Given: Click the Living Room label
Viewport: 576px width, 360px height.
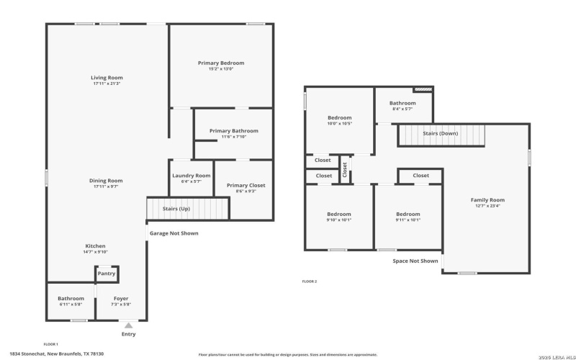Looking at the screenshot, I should click(x=107, y=78).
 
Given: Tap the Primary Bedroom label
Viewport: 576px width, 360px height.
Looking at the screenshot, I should click(x=221, y=63).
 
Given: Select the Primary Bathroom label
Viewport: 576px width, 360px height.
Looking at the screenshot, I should click(x=234, y=131).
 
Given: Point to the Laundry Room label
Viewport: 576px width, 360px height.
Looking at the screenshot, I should click(x=191, y=176).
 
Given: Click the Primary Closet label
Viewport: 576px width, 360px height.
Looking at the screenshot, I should click(x=246, y=186).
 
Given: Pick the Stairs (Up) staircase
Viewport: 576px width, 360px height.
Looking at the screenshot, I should click(x=187, y=209).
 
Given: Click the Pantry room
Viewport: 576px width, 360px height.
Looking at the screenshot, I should click(x=107, y=274).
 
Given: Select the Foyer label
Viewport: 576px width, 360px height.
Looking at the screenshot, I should click(x=121, y=298).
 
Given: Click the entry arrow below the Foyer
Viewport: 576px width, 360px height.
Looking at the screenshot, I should click(x=128, y=325).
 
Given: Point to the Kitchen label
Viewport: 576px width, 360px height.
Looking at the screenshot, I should click(x=96, y=246).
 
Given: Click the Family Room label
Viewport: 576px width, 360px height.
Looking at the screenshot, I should click(x=487, y=200).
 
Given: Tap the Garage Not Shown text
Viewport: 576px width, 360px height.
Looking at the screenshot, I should click(x=174, y=233).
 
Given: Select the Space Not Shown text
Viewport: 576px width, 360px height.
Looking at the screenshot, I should click(x=415, y=261).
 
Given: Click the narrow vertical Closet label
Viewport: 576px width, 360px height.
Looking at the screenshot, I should click(x=345, y=170).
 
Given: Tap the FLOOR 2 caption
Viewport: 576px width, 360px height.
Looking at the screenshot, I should click(x=309, y=282).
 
